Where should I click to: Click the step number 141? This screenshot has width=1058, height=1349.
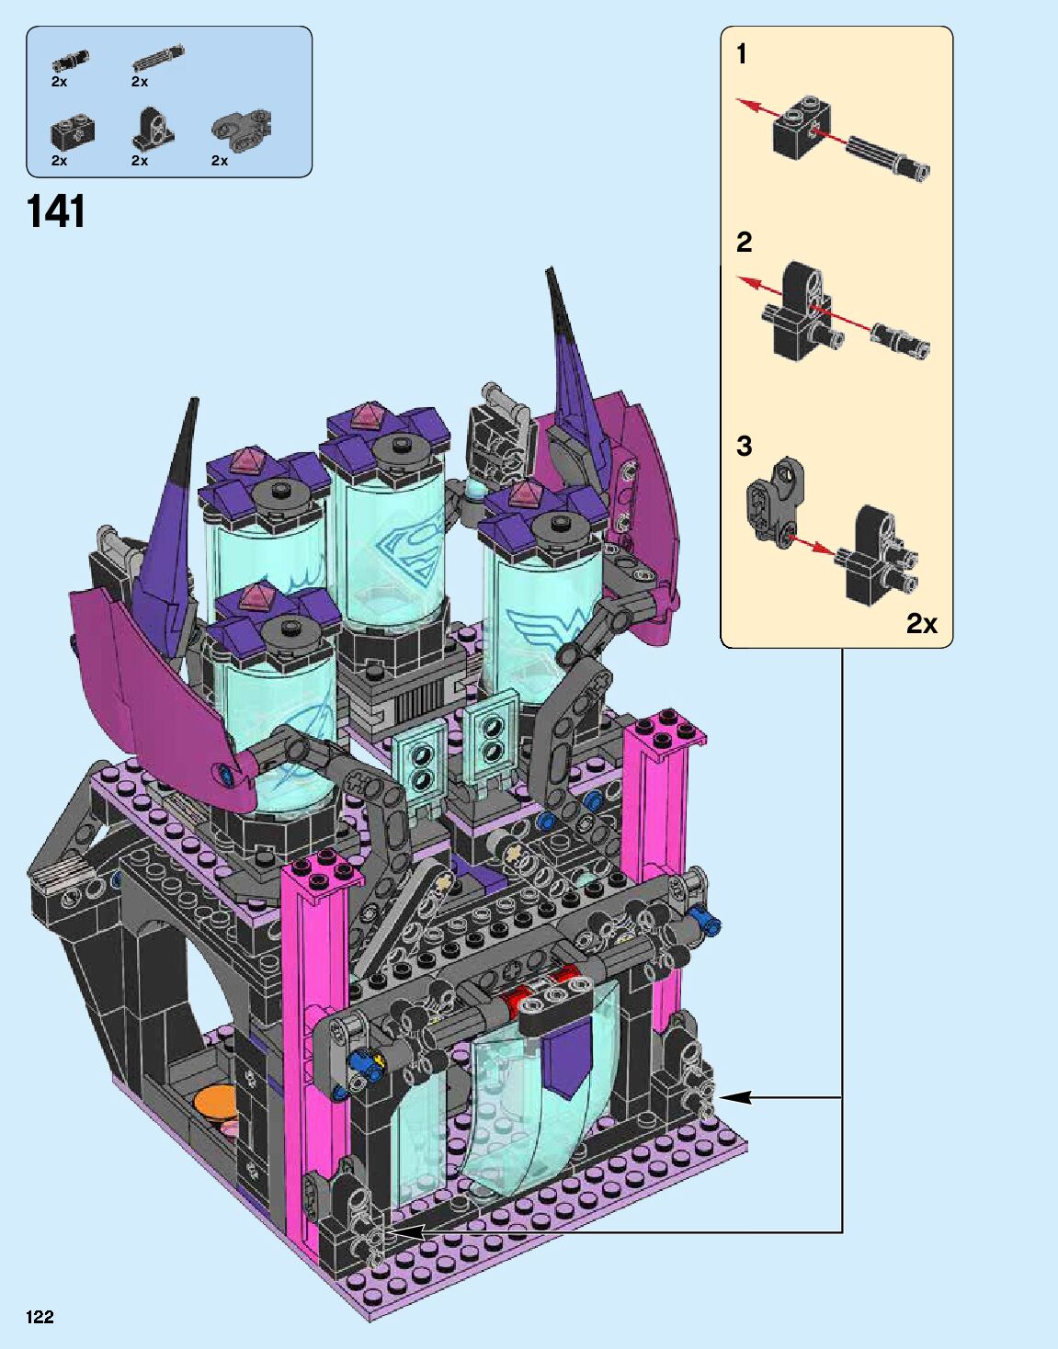point(56,212)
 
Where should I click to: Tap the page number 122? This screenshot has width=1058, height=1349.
point(40,1317)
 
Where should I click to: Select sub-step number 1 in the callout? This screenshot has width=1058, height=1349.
point(742,54)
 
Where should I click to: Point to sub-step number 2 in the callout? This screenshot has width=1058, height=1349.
point(745,242)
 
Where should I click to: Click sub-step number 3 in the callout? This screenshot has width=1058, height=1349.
point(744,446)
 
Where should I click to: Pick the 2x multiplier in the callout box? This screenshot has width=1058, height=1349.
point(921,623)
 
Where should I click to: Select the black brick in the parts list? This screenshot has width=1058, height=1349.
point(72,131)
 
